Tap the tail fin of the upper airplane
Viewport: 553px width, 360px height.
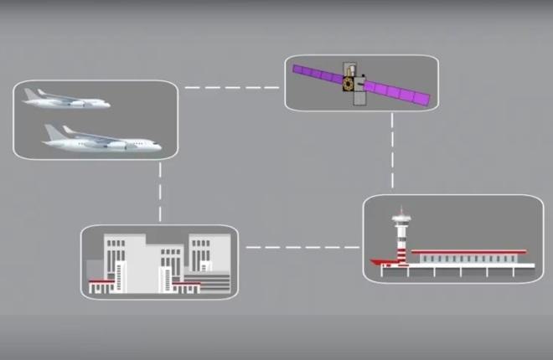(x=41, y=92)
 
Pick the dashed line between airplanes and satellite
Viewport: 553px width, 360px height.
(x=231, y=86)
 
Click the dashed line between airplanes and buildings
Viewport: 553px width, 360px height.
(x=159, y=193)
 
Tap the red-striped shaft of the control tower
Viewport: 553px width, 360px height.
(x=402, y=247)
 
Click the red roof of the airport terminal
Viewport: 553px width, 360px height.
(x=469, y=250)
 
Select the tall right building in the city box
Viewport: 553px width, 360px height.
(x=204, y=255)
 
